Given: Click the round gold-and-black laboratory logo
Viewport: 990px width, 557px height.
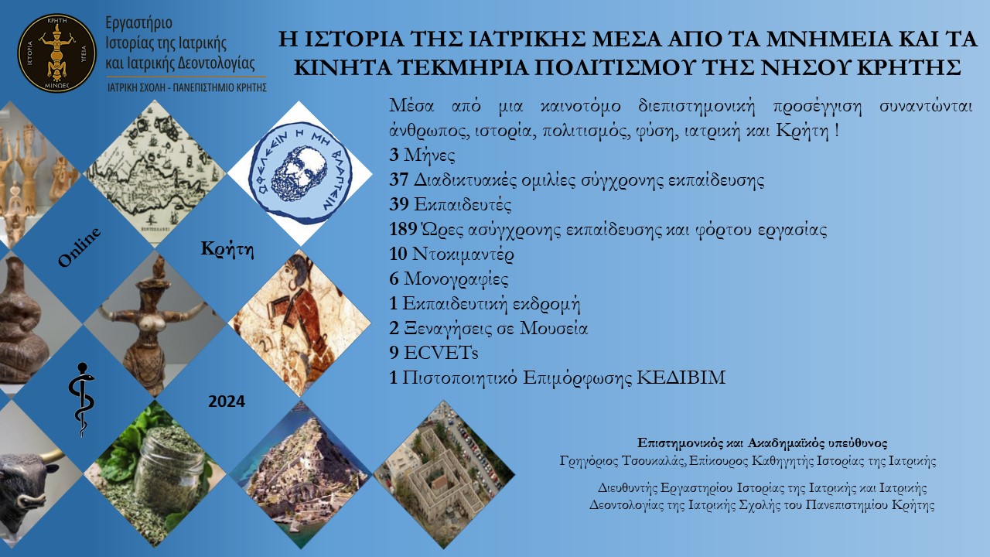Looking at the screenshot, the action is tap(56, 53).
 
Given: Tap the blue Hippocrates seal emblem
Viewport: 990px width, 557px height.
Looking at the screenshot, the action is tap(300, 173).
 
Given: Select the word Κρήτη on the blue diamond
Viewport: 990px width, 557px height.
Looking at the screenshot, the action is tap(227, 249).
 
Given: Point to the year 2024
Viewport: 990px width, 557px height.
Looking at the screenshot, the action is tap(227, 402).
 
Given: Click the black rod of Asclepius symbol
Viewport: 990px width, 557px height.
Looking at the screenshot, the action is tap(82, 400).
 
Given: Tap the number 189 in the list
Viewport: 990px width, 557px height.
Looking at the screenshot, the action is tap(403, 230).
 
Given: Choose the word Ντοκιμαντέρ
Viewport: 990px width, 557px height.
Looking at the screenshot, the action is tap(463, 255).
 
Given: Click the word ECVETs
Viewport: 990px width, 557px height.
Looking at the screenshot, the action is tap(441, 354).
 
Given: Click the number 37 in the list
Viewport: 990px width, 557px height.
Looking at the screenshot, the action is tap(398, 180).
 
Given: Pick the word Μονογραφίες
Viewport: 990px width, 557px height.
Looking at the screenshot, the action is tap(456, 279).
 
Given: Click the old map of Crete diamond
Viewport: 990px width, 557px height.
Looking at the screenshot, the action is tap(155, 173).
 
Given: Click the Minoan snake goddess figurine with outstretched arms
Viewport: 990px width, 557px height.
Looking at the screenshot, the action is tap(155, 323).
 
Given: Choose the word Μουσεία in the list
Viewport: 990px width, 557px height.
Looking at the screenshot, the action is tap(553, 329).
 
